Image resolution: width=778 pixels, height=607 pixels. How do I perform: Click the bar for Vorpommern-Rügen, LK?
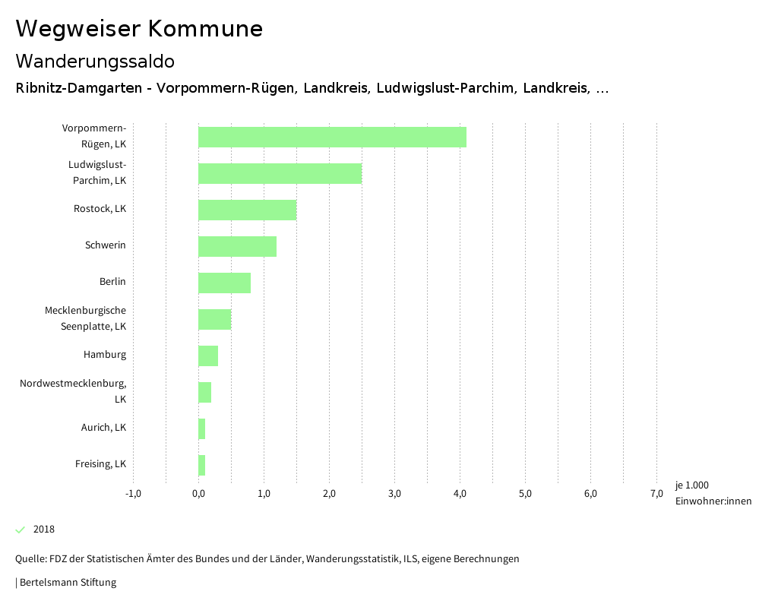pyautogui.click(x=332, y=137)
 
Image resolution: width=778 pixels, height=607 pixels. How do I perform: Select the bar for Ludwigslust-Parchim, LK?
pyautogui.click(x=280, y=173)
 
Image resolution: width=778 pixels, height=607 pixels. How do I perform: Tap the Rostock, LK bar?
pyautogui.click(x=247, y=210)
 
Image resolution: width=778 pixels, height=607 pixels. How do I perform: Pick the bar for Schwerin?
pyautogui.click(x=237, y=246)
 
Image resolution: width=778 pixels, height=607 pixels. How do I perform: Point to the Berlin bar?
pyautogui.click(x=224, y=283)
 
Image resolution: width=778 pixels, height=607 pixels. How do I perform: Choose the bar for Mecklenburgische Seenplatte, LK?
pyautogui.click(x=214, y=319)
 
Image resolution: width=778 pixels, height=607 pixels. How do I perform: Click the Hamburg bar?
pyautogui.click(x=208, y=356)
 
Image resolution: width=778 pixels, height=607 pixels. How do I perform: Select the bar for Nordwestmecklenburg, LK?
pyautogui.click(x=204, y=392)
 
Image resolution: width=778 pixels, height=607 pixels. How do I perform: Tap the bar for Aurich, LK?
pyautogui.click(x=201, y=428)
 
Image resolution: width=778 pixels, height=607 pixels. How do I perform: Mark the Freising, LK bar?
pyautogui.click(x=201, y=465)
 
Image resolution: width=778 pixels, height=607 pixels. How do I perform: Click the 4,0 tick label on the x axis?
pyautogui.click(x=460, y=494)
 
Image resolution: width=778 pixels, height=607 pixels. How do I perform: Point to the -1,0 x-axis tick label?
pyautogui.click(x=133, y=494)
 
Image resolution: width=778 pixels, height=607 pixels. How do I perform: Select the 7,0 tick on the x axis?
pyautogui.click(x=656, y=494)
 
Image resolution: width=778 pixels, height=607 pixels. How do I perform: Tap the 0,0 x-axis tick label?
pyautogui.click(x=198, y=494)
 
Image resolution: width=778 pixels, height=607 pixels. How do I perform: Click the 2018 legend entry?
pyautogui.click(x=43, y=530)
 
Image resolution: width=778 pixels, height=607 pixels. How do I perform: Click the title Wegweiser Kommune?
pyautogui.click(x=139, y=29)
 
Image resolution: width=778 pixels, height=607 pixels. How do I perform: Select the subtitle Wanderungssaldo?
pyautogui.click(x=95, y=61)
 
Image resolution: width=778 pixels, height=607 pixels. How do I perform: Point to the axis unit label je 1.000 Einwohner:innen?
pyautogui.click(x=713, y=493)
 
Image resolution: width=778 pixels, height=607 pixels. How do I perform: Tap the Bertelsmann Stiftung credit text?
pyautogui.click(x=67, y=583)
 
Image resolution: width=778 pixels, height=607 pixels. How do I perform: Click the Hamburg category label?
pyautogui.click(x=105, y=355)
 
